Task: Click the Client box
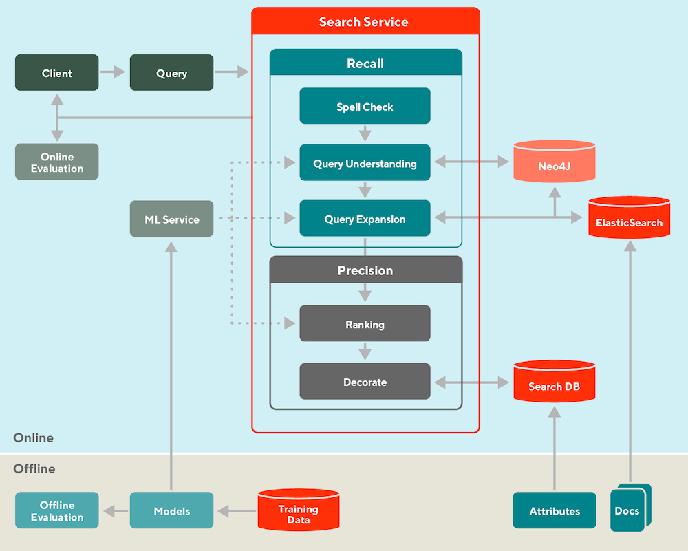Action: tap(57, 73)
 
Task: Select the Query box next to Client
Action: tap(171, 73)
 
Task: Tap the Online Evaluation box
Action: tap(57, 162)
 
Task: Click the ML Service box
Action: tap(171, 219)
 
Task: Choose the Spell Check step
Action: tap(365, 107)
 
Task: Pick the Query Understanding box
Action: tap(365, 163)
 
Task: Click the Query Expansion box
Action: tap(365, 219)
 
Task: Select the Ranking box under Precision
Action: tap(365, 324)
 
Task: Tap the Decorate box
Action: tap(365, 382)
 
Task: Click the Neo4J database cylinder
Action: tap(555, 163)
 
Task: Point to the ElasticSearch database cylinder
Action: tap(629, 219)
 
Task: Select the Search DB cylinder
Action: tap(554, 383)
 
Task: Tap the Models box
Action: tap(171, 511)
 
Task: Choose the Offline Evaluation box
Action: tap(57, 511)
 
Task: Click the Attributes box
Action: tap(555, 511)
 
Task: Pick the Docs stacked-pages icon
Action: tap(629, 509)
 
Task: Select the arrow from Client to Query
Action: tap(114, 72)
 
